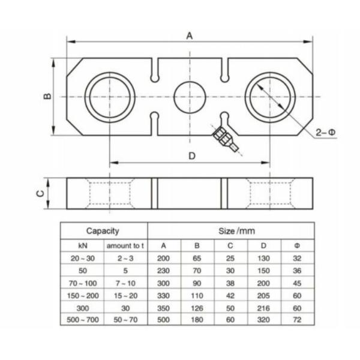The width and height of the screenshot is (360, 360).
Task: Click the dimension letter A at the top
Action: point(189,35)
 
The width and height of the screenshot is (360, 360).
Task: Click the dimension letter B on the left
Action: point(48,96)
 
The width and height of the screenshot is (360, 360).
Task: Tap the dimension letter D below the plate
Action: point(191,156)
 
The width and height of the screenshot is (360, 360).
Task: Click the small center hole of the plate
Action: point(190,96)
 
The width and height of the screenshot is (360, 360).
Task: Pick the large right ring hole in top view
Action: point(269,96)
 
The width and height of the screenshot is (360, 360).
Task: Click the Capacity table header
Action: point(103,230)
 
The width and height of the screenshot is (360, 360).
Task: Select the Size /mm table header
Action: point(230,230)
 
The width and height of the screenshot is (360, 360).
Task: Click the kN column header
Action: point(83,245)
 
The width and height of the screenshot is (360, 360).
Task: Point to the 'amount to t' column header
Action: point(125,245)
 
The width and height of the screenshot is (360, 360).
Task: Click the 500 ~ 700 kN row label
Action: point(83,320)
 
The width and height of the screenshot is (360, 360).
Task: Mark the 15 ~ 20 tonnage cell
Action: point(125,295)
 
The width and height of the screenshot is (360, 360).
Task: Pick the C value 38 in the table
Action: point(230,282)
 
